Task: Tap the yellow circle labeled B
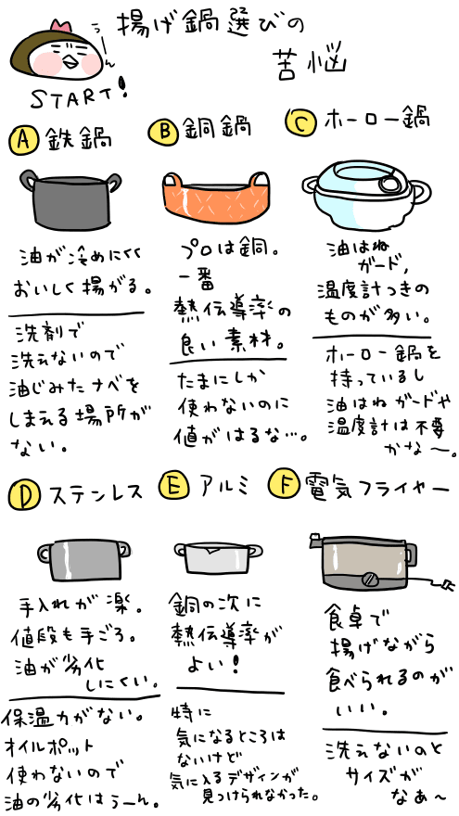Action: pos(163,133)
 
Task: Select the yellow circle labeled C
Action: pos(301,121)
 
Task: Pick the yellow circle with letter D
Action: pos(22,494)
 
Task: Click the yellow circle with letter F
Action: pos(282,485)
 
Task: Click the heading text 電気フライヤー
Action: pos(371,485)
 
